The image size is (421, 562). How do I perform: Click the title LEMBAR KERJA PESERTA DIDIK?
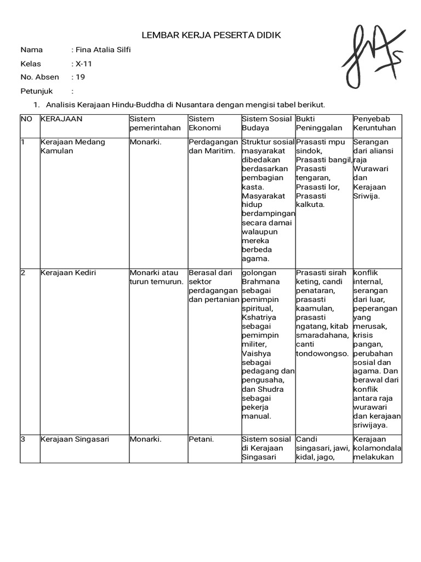211,35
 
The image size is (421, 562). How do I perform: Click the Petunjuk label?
36,91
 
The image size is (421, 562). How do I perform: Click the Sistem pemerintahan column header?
147,123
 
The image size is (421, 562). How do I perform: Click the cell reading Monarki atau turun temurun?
156,277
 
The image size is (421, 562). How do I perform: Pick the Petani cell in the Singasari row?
201,439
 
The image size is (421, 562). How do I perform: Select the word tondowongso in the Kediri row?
322,353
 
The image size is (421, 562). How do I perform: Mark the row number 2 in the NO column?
23,273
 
